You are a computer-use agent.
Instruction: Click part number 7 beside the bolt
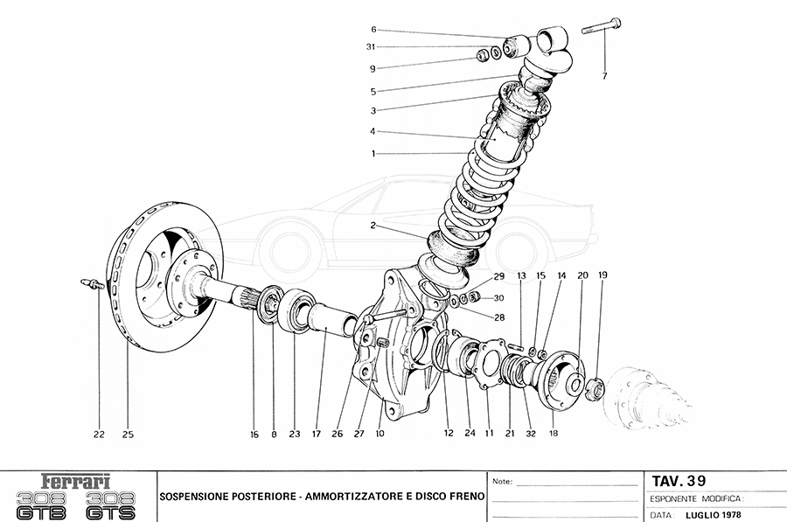click(603, 76)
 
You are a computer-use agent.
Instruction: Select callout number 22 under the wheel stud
click(100, 434)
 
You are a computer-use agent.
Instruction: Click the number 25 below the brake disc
click(128, 434)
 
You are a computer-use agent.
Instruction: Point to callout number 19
click(602, 275)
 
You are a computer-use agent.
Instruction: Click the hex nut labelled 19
click(594, 387)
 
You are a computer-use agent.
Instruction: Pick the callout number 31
click(372, 46)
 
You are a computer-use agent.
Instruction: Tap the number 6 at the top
click(373, 29)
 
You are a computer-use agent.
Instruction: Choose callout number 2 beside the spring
click(373, 225)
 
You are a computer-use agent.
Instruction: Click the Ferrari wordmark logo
click(77, 480)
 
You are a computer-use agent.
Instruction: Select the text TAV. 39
click(679, 480)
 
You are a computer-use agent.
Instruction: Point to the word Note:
click(503, 482)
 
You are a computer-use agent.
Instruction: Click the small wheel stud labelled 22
click(90, 283)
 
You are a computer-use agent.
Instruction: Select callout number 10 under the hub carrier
click(380, 433)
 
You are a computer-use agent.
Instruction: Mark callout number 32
click(530, 433)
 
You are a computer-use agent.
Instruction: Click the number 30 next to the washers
click(499, 298)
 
